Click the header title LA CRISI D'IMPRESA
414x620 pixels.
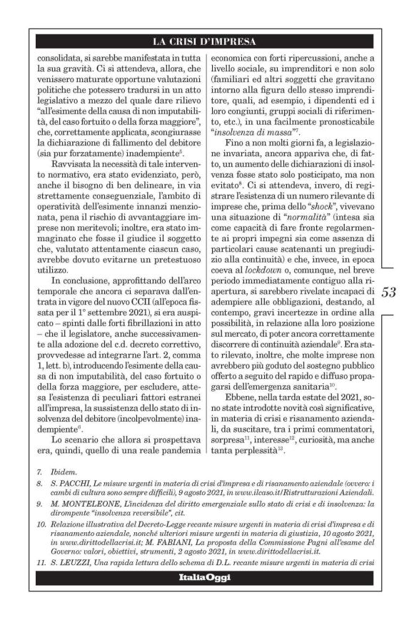[207, 41]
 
